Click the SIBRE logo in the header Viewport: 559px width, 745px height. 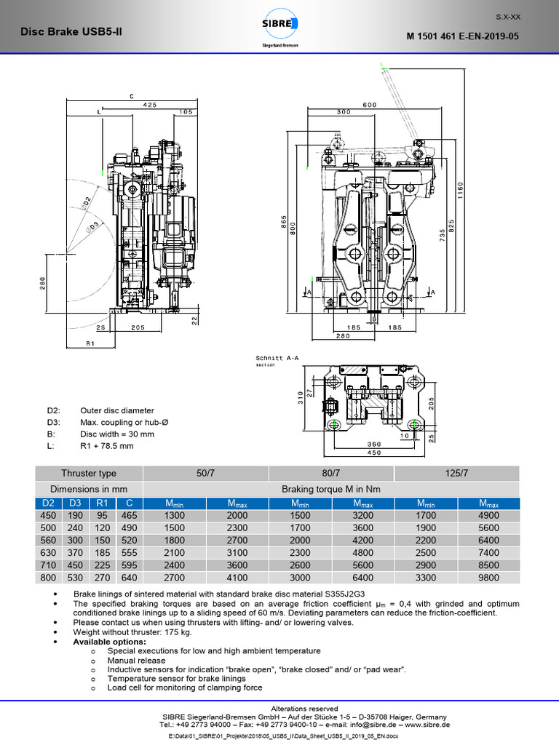(x=279, y=28)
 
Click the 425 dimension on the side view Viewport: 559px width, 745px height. (x=149, y=105)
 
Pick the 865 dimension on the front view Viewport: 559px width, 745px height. (x=283, y=223)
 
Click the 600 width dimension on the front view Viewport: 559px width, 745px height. (x=370, y=105)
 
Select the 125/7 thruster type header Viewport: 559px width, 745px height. (x=457, y=473)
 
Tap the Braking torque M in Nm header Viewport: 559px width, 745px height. (x=332, y=489)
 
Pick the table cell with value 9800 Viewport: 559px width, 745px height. (x=488, y=578)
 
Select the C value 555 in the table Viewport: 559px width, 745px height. (x=128, y=554)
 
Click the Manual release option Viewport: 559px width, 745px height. (x=136, y=661)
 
